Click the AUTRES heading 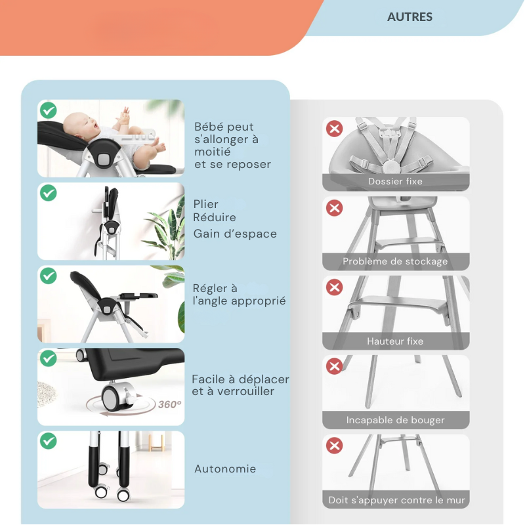[409, 17]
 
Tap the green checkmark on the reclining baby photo [49, 110]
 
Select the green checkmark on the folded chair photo [49, 193]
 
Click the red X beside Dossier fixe [335, 129]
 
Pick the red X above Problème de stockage [335, 208]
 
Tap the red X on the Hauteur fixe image [335, 287]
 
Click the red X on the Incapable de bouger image [335, 366]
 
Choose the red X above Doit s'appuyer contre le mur [335, 446]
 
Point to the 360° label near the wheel [170, 404]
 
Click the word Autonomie [225, 469]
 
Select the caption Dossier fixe [395, 182]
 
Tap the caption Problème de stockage [395, 261]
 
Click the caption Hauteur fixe [395, 341]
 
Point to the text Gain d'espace [235, 234]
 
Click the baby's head [79, 125]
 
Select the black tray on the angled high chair [138, 296]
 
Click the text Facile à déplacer [240, 379]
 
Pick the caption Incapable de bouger [396, 420]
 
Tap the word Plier [205, 204]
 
